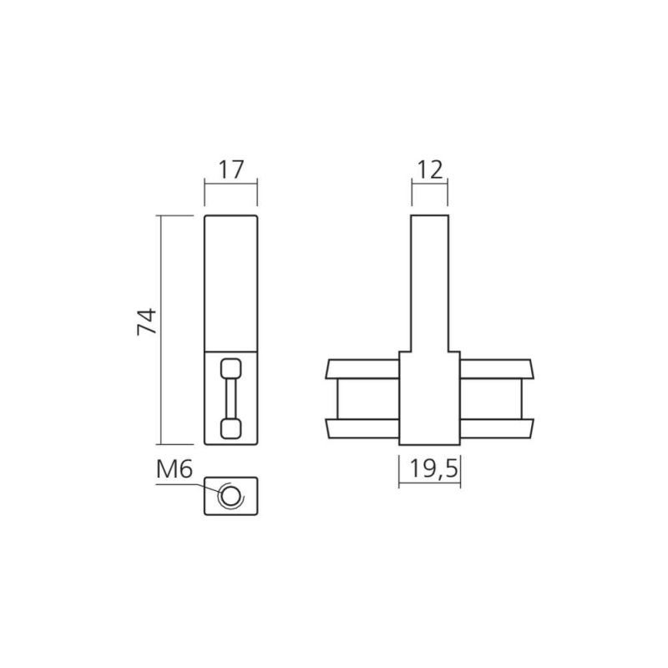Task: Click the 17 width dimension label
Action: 231,170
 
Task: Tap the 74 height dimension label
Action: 147,321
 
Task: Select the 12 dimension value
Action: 429,170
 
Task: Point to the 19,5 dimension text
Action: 433,468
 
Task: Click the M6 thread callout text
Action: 175,470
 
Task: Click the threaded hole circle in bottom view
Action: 230,495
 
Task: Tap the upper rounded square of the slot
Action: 231,368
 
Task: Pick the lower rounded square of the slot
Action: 231,428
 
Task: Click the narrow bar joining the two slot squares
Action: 231,398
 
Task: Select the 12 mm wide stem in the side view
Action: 429,283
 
